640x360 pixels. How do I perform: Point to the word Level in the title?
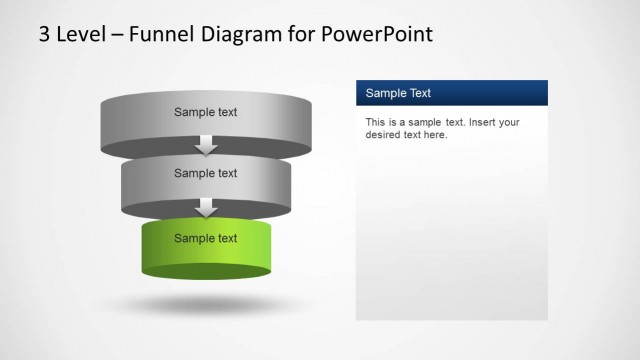point(80,35)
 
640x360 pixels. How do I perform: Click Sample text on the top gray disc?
point(206,112)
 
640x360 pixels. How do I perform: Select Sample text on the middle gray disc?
point(206,173)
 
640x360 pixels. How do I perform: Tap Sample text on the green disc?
point(206,238)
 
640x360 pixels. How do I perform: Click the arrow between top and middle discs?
point(206,145)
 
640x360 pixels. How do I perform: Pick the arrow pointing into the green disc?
point(206,207)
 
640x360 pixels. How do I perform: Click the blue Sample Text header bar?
point(452,93)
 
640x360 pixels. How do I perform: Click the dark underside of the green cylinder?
point(206,272)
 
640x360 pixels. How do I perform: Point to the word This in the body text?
point(375,122)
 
